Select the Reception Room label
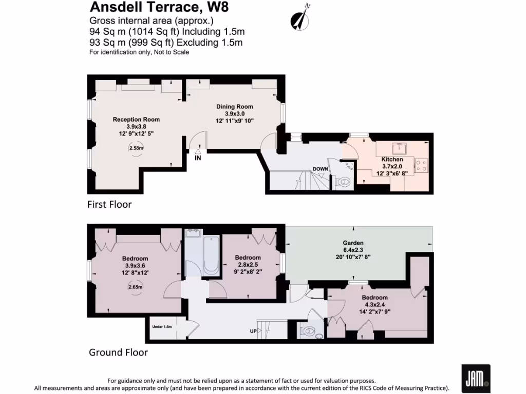point(136,120)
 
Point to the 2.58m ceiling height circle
point(136,148)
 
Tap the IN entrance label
point(198,158)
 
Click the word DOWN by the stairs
point(321,169)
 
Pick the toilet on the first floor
point(343,181)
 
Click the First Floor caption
point(109,205)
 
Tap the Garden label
point(353,243)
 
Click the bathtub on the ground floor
point(211,255)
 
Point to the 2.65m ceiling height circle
point(135,287)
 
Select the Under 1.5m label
point(161,326)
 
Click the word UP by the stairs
point(253,331)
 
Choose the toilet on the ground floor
point(309,332)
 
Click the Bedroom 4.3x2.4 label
point(374,298)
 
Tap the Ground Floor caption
point(118,352)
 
